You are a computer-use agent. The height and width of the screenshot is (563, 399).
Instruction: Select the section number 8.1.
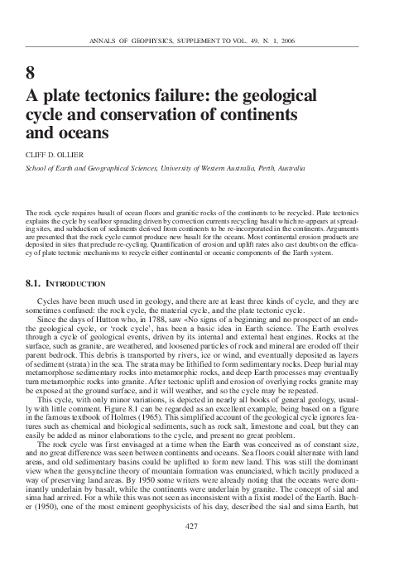coord(36,283)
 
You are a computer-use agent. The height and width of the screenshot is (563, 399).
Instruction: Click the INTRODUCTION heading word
coord(75,283)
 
